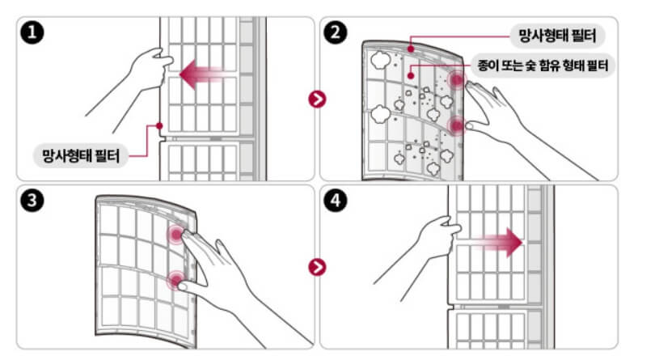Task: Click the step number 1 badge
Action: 32,32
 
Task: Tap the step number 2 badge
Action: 336,32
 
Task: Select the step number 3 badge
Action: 32,201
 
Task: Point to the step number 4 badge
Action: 336,201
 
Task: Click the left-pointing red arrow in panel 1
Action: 203,74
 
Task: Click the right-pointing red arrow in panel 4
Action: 498,243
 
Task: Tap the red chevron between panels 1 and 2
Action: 317,100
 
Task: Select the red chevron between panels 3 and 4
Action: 317,267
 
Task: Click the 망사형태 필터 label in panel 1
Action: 81,156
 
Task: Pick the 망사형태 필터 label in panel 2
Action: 557,36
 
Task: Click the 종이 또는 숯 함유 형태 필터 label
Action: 543,66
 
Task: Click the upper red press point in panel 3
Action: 177,234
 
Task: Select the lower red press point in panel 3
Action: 175,280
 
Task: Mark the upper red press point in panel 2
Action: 456,79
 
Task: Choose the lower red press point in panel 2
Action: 456,125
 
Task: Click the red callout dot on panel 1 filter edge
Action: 159,125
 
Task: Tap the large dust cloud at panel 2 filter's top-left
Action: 381,61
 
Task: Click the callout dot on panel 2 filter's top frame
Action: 411,49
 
